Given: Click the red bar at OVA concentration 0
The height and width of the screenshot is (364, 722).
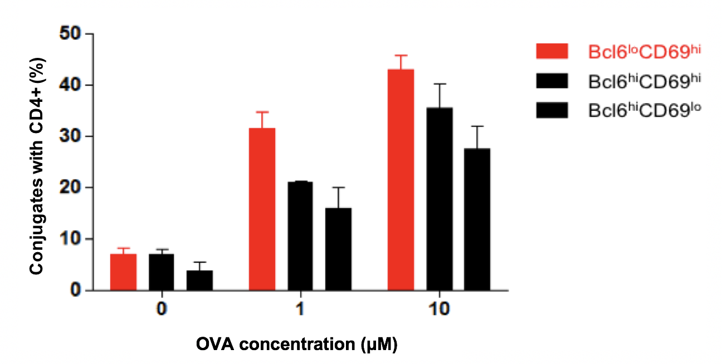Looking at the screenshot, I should pyautogui.click(x=123, y=272).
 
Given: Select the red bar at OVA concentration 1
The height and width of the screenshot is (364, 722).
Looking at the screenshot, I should pyautogui.click(x=262, y=209).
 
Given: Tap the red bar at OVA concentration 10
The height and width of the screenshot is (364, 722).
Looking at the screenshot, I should pyautogui.click(x=401, y=180).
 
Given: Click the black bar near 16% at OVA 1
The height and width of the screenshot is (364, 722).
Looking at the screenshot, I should pyautogui.click(x=338, y=249).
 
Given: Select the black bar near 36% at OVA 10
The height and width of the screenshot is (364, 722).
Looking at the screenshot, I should pyautogui.click(x=439, y=199).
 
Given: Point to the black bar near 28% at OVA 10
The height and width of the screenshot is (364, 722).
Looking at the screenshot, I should pyautogui.click(x=477, y=219).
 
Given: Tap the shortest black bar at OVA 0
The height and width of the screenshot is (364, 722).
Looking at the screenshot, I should pyautogui.click(x=199, y=280).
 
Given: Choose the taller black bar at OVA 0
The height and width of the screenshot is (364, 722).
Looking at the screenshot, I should pyautogui.click(x=161, y=272).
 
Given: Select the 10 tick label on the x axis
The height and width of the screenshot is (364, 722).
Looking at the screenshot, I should pyautogui.click(x=438, y=309).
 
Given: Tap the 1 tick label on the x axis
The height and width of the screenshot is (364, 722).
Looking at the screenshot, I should pyautogui.click(x=300, y=309).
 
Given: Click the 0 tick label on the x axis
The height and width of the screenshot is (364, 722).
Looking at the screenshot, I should pyautogui.click(x=162, y=309).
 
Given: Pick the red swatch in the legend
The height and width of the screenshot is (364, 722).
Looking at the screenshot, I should pyautogui.click(x=552, y=51).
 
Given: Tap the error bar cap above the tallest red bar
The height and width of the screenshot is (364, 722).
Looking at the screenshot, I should pyautogui.click(x=401, y=55).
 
